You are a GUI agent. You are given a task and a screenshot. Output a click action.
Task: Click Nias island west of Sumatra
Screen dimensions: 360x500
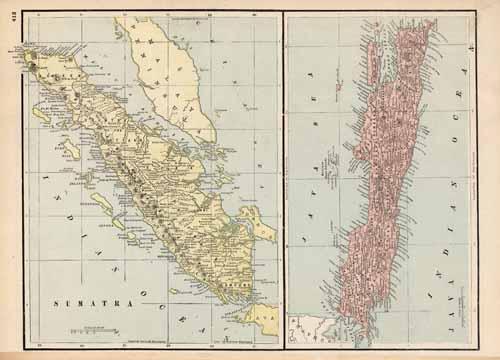70,150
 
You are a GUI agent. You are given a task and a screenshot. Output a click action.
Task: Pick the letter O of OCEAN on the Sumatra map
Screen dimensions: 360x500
149,279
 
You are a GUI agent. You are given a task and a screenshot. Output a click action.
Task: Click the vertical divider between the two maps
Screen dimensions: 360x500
283,180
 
